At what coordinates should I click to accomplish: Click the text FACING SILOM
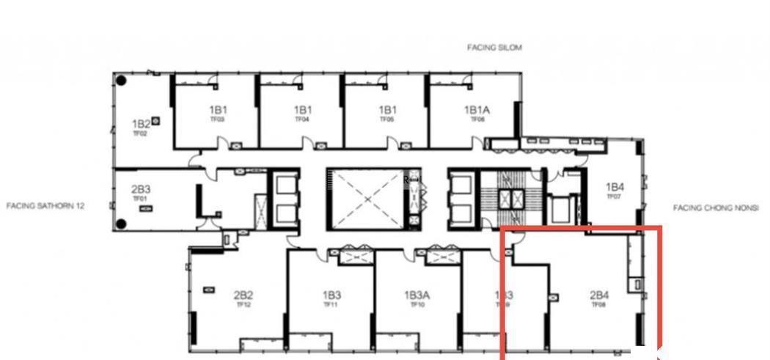(495, 48)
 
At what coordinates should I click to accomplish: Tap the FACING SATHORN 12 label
(45, 206)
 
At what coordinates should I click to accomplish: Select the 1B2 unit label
(141, 124)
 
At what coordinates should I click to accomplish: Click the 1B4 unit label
(615, 187)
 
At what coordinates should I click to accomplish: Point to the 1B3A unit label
(417, 295)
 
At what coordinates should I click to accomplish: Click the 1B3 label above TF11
(331, 295)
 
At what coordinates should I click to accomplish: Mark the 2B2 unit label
(243, 295)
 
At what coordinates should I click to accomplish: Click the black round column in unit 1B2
(122, 80)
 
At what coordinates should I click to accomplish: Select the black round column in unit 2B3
(122, 224)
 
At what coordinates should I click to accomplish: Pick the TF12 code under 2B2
(243, 304)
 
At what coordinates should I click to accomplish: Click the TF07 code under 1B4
(614, 196)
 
